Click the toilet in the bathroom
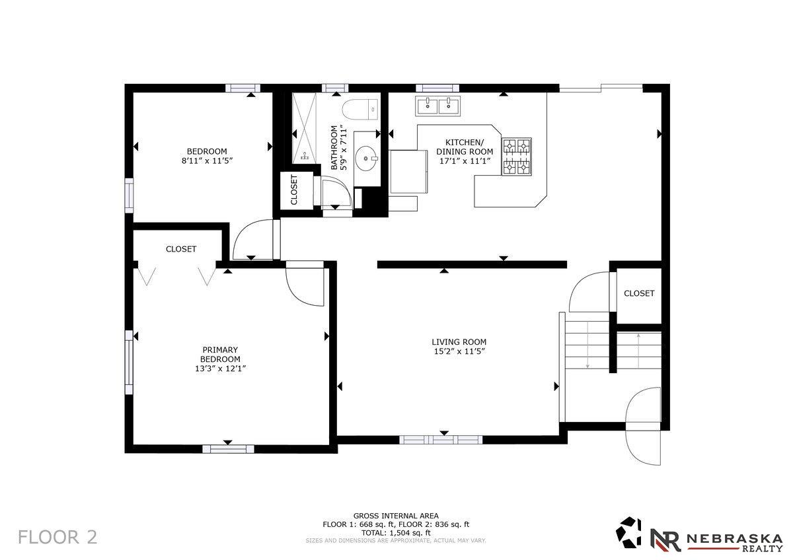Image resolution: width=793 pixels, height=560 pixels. coord(360,110)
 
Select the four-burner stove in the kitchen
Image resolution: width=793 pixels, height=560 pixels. coord(517,157)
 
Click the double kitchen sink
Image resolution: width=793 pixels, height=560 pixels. coord(438,106)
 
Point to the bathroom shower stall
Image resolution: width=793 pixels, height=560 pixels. coord(305,128)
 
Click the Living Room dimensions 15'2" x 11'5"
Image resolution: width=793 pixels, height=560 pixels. coord(459,351)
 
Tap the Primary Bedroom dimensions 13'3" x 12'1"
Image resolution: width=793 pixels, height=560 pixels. coord(221,368)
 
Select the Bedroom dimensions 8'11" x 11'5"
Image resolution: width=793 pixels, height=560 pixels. coord(207,160)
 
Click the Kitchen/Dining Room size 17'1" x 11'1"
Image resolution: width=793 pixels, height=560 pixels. coord(465,161)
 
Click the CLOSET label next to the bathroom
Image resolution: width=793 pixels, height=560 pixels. coord(294,190)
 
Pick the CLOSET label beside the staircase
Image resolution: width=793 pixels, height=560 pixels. coord(639,293)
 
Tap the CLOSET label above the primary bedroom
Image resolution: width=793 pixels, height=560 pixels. coord(181,249)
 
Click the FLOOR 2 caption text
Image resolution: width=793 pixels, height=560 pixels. coord(57,538)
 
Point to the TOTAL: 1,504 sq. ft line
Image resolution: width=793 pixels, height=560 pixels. coord(396,533)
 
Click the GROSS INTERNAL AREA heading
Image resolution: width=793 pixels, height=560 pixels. coord(396,516)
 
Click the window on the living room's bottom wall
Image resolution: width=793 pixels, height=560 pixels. coord(441,440)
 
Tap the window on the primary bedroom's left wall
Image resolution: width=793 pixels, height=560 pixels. coord(130,363)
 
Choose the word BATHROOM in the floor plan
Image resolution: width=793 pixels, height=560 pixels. coord(334,147)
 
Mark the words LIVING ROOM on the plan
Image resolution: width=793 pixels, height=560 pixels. coord(459,342)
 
